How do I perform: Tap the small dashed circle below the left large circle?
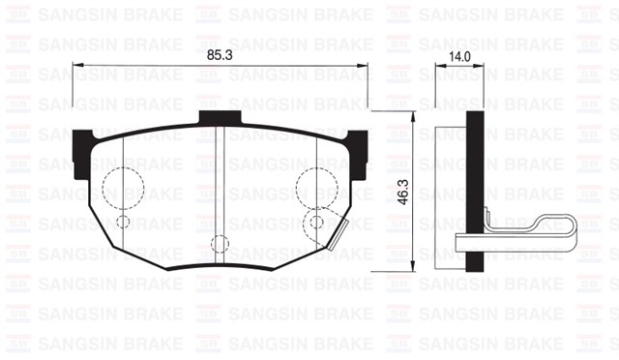click(123, 222)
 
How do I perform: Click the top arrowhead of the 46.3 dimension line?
click(414, 115)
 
